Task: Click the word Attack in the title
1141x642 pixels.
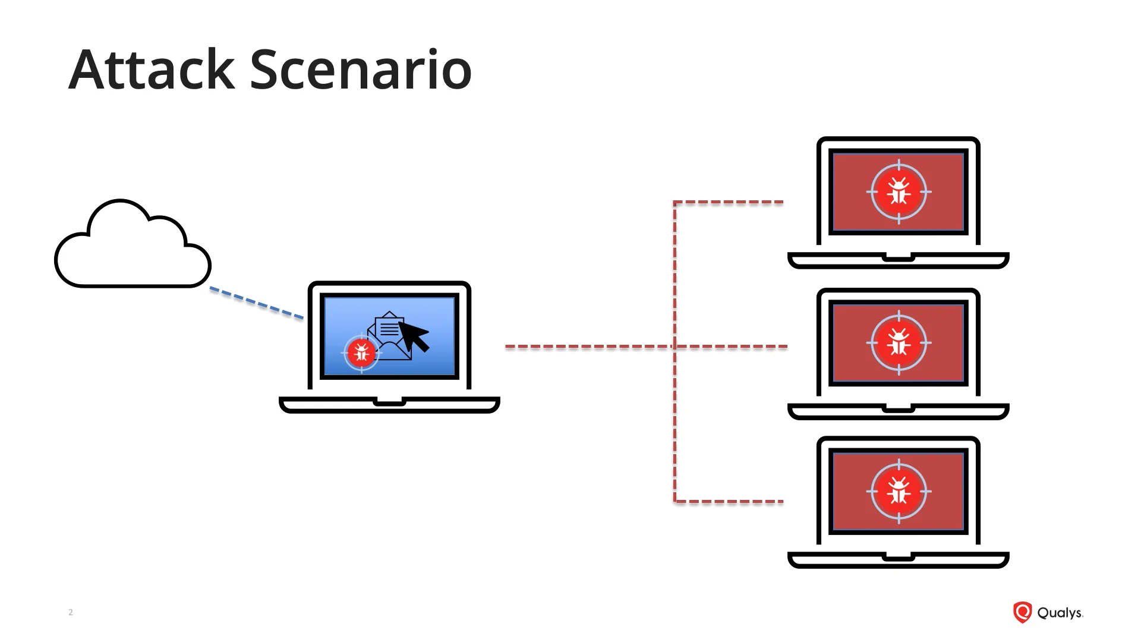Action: (x=152, y=70)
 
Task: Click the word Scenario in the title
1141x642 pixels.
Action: (x=361, y=70)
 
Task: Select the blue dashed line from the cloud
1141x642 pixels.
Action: (x=257, y=303)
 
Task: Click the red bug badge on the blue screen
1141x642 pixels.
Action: (x=361, y=353)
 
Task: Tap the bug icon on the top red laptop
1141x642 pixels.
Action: (x=899, y=192)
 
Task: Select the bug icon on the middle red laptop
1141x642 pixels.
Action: (x=899, y=343)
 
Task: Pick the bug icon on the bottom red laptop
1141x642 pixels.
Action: (x=899, y=492)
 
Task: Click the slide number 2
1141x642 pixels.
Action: (x=71, y=612)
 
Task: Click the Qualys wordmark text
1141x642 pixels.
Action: (x=1060, y=613)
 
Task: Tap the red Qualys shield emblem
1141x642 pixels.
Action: (x=1022, y=612)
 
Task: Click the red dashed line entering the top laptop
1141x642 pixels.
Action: (x=729, y=203)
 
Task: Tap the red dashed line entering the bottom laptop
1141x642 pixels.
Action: (x=729, y=502)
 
